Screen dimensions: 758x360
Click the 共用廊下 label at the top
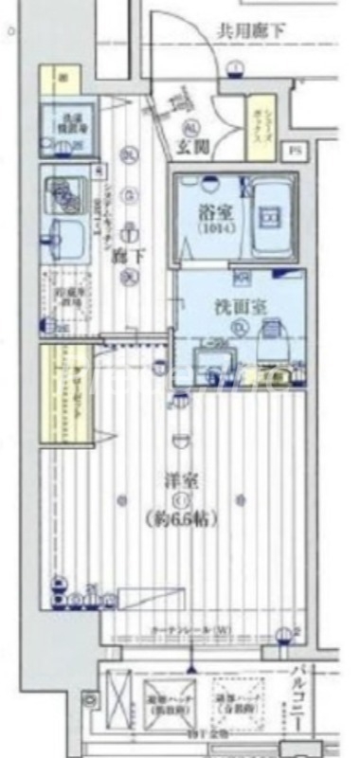[252, 31]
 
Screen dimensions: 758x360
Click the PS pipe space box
[296, 150]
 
